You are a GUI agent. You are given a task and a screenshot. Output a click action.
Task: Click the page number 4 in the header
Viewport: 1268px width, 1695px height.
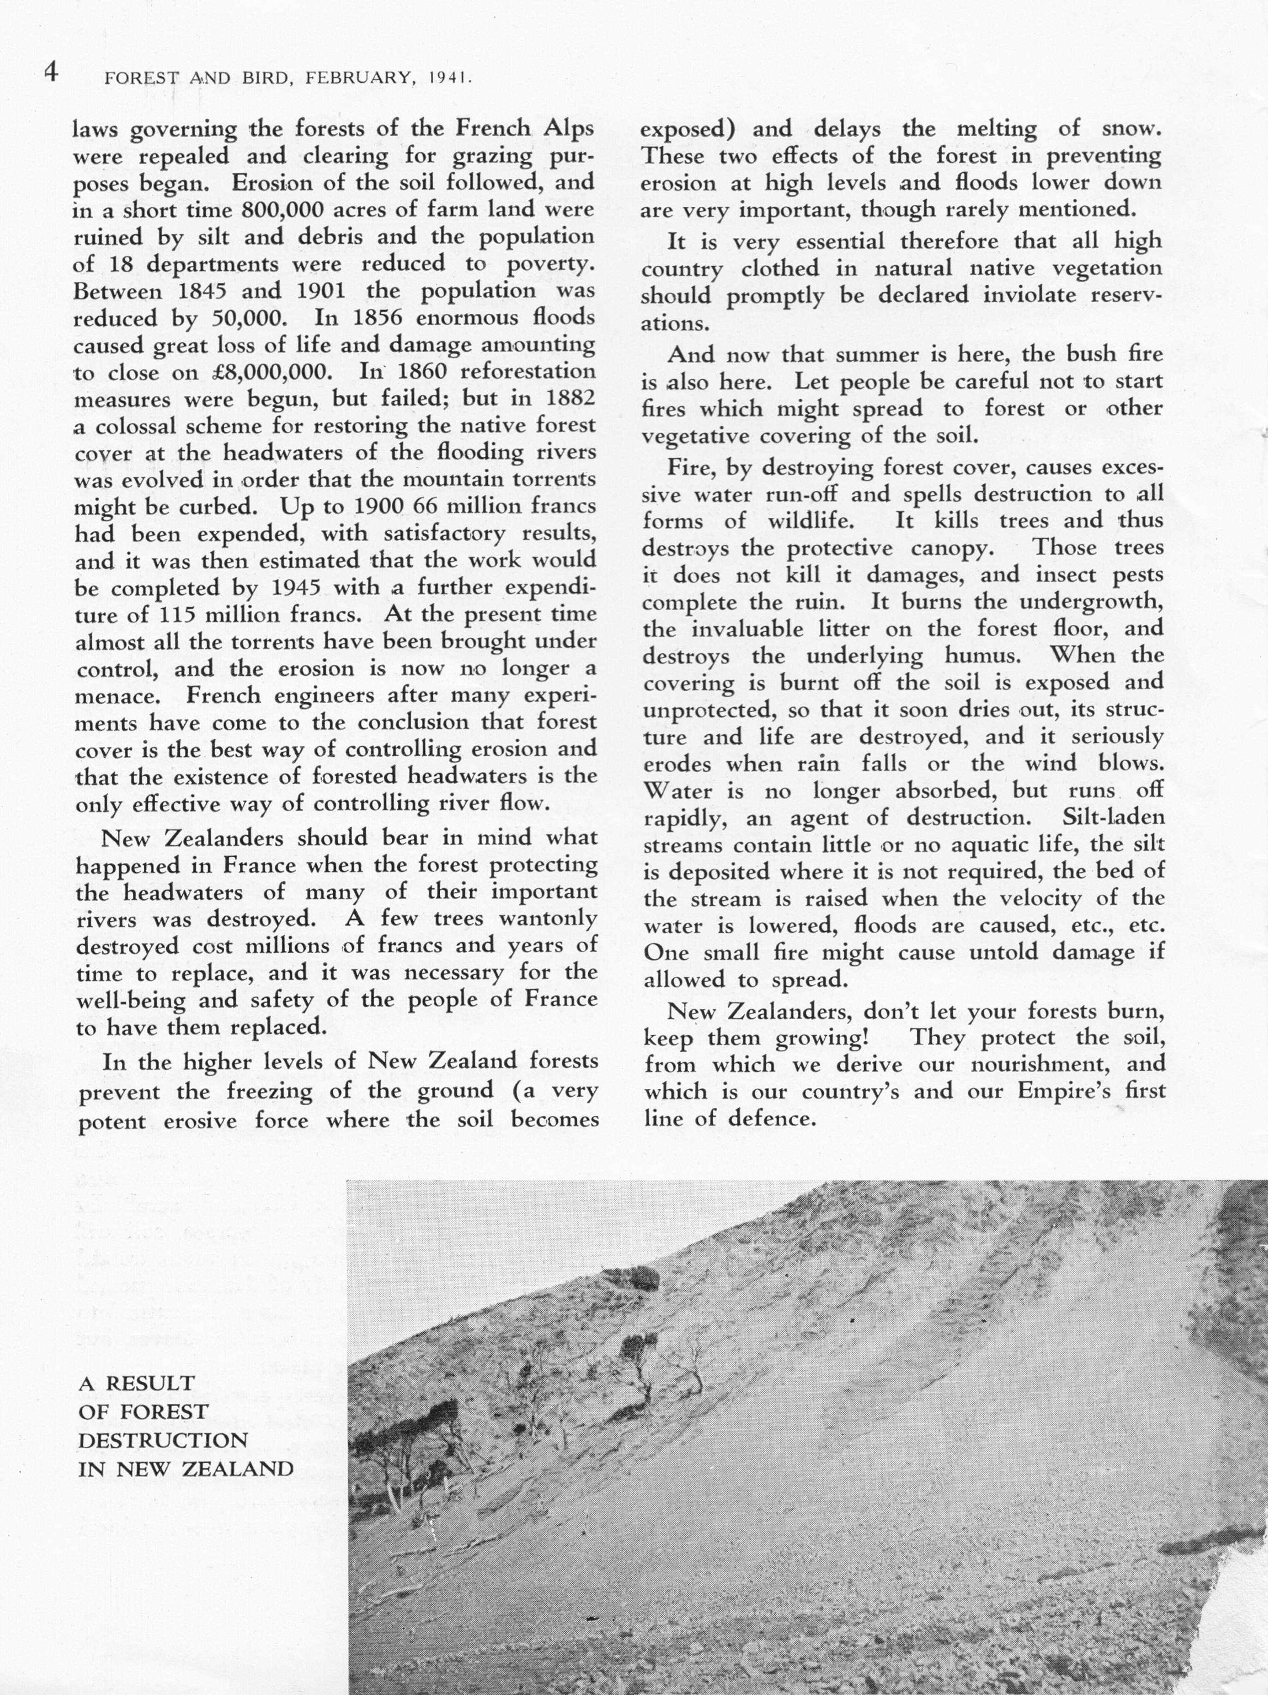click(x=51, y=73)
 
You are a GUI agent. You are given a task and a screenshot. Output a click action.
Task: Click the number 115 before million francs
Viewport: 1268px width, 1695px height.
click(x=179, y=615)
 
